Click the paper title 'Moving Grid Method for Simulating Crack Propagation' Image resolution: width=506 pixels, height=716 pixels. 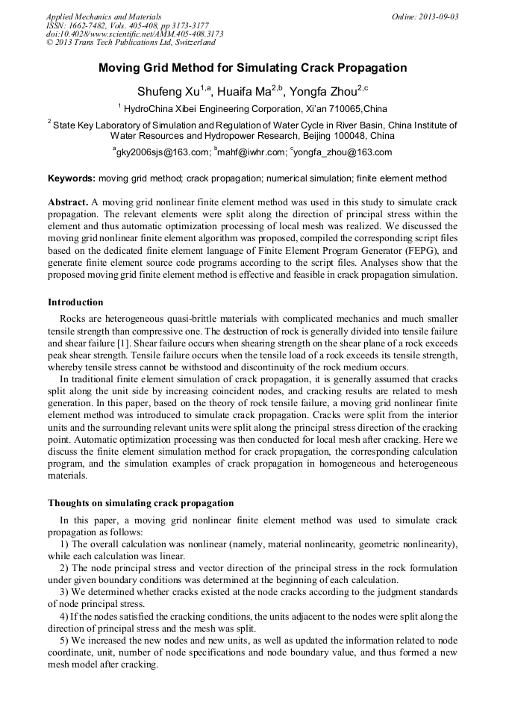click(252, 68)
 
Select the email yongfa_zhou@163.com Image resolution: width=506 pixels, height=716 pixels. click(343, 152)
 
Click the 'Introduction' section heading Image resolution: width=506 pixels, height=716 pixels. click(75, 302)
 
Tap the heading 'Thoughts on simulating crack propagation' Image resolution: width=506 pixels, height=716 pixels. click(140, 502)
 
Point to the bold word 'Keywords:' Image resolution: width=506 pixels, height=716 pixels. click(72, 179)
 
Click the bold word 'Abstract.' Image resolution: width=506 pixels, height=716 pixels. click(69, 203)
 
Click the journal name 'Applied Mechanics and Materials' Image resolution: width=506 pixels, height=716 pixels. click(103, 16)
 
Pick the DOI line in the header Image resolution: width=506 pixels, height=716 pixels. click(134, 34)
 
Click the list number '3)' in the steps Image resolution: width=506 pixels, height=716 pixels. click(65, 592)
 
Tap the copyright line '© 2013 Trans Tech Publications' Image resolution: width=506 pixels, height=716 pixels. click(119, 43)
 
